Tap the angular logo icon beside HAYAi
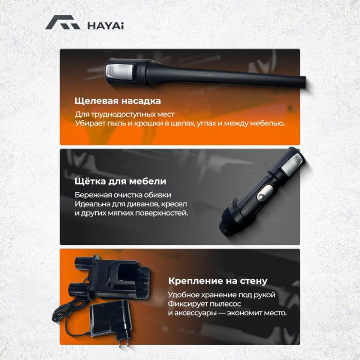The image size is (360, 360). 62,23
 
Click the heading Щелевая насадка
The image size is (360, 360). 118,101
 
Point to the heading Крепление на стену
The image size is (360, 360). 218,281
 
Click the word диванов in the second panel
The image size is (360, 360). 131,204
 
